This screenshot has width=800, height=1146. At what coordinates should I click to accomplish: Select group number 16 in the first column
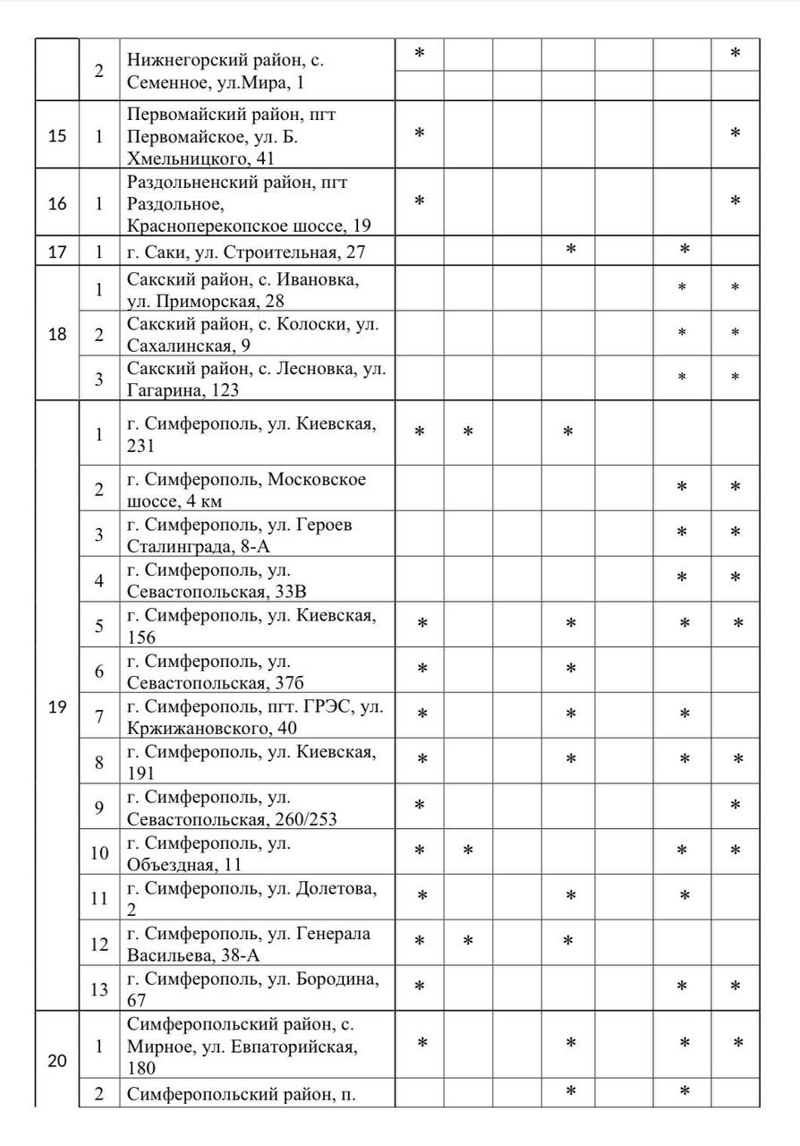56,203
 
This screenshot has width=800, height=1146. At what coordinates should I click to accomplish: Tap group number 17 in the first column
56,252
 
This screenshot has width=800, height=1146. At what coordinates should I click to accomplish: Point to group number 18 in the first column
56,334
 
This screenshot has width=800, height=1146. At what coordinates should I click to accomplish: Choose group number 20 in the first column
56,1061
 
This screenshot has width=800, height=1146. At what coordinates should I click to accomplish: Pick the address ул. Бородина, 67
258,988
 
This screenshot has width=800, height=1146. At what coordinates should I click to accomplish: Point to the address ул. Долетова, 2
258,898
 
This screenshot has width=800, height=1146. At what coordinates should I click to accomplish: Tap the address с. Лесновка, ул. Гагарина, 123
257,378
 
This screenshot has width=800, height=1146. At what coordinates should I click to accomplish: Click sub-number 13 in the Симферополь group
99,989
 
